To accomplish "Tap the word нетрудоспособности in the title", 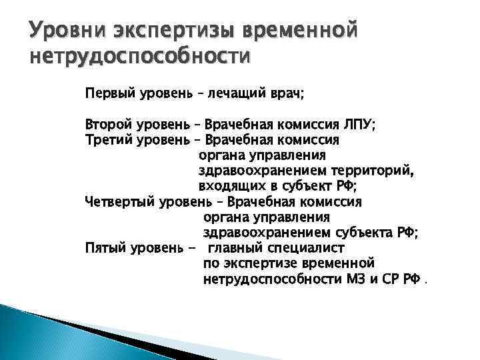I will point(139,58).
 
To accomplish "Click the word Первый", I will point(109,94).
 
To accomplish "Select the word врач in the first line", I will point(285,94).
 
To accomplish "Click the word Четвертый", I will point(121,202).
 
